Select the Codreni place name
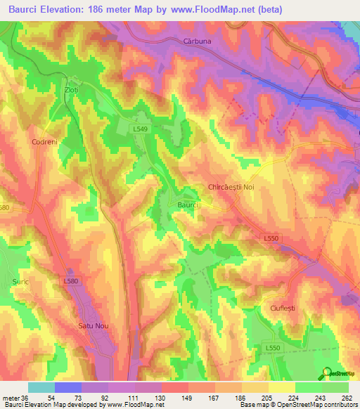tap(44, 142)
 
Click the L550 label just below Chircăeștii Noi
tap(271, 239)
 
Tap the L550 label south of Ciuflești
tap(274, 348)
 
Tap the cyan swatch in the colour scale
tap(41, 387)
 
